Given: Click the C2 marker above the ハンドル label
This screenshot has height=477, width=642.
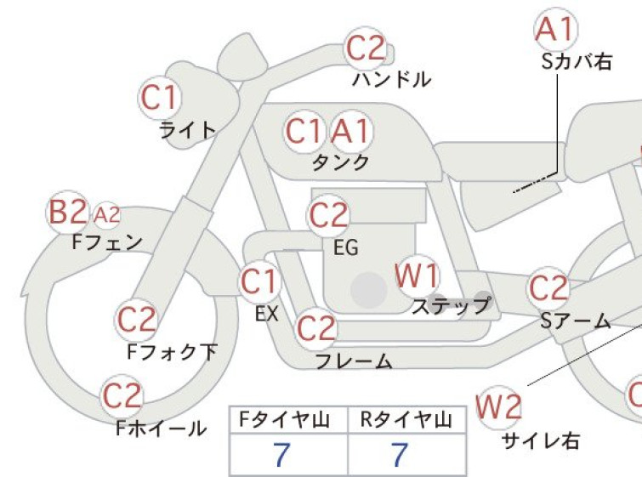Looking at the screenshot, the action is (366, 48).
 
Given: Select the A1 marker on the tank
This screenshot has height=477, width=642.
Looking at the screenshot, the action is (351, 131).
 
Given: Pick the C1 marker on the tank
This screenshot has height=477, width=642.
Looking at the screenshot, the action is (304, 131).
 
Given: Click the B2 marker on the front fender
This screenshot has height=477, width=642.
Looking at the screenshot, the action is (67, 212).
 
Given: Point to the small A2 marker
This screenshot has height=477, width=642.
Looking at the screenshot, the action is (107, 214).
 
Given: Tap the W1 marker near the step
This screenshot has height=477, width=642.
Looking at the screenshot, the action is (418, 275).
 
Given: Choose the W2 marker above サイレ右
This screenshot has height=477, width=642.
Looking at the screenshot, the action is (499, 407).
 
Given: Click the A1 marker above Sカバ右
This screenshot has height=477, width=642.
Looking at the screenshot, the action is (556, 29).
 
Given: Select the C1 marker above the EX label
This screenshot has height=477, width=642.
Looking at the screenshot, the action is (260, 281).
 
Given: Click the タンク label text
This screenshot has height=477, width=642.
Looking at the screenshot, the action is (341, 162).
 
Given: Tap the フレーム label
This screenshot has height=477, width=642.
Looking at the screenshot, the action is (354, 361).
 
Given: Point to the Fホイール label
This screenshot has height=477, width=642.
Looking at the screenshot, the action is (161, 429).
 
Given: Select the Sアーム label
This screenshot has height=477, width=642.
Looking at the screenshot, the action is (576, 321).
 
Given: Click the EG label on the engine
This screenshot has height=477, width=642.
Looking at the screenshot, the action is (346, 247).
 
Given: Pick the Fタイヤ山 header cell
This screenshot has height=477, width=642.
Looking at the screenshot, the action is (288, 420).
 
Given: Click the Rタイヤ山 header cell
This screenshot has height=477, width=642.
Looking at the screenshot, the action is (406, 420).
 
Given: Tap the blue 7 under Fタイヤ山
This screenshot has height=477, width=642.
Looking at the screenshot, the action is (281, 454).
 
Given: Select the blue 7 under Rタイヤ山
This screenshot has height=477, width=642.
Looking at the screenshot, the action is (400, 454).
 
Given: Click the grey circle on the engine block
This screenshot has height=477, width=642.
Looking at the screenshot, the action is (369, 290).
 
